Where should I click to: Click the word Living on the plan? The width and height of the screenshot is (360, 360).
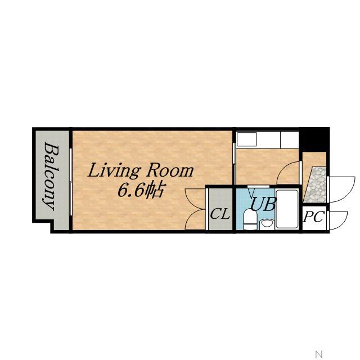[114, 171]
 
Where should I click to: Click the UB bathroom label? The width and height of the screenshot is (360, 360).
[263, 204]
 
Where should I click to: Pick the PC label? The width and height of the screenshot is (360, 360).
[314, 217]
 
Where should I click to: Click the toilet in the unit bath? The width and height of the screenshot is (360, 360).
[250, 219]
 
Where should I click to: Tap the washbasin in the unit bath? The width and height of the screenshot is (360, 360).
[266, 224]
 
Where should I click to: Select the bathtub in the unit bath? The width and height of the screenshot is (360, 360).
[287, 209]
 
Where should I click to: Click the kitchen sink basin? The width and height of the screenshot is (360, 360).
[247, 139]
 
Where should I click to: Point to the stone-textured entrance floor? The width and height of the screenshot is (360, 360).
[316, 185]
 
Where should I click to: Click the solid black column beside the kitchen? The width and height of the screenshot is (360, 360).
[314, 139]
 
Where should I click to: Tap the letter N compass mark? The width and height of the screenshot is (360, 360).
[319, 353]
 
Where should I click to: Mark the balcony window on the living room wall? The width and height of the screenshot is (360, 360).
[71, 182]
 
